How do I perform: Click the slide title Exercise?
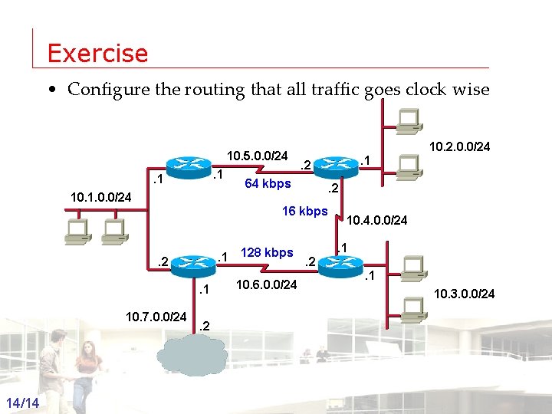coord(97,54)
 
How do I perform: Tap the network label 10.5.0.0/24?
coord(257,156)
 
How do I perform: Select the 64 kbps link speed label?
coord(267,183)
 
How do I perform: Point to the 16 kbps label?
coord(304,211)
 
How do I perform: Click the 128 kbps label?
coord(267,252)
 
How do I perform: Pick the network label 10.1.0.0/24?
coord(101,198)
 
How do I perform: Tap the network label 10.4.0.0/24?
coord(377,222)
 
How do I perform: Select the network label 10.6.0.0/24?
coord(268,285)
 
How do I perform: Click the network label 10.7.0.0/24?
coord(156,316)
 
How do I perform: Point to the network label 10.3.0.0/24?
coord(465,293)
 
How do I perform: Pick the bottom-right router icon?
coord(338,265)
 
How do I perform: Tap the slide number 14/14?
coord(26,403)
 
